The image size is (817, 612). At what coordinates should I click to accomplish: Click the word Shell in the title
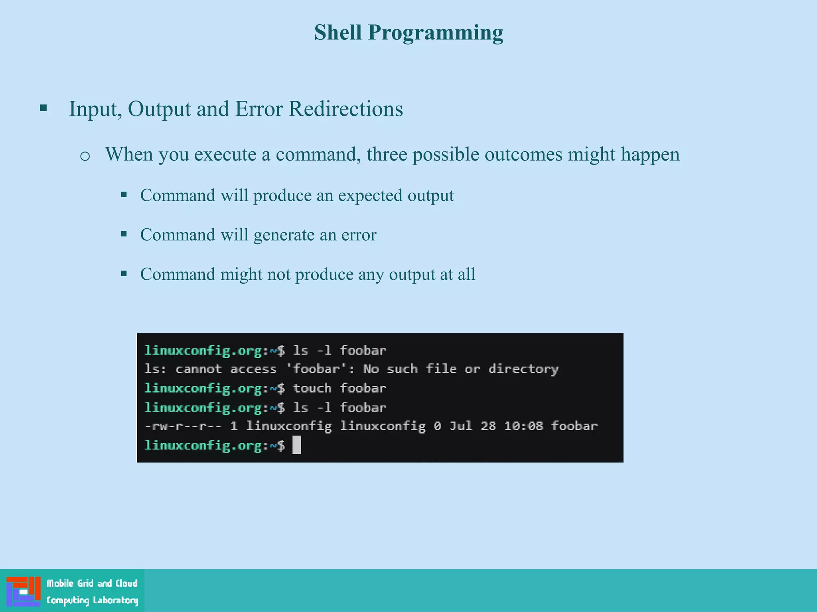tap(337, 32)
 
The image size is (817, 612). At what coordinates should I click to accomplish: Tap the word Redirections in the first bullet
tap(345, 109)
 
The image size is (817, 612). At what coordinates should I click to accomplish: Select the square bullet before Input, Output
tap(43, 108)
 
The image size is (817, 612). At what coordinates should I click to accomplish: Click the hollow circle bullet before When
tap(85, 156)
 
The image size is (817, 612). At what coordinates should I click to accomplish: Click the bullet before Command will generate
tap(124, 234)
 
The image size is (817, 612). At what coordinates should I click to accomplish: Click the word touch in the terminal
tap(312, 388)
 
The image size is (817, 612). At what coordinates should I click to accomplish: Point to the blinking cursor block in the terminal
tap(296, 445)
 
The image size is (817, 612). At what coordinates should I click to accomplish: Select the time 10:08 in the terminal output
tap(523, 426)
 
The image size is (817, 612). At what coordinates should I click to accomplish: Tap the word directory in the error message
tap(523, 369)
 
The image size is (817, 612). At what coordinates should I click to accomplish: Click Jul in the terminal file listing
tap(461, 426)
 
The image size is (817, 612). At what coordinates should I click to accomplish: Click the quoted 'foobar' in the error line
tap(316, 369)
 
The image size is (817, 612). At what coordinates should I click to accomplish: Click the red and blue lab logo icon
tap(24, 591)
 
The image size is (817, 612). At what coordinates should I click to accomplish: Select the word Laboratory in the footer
tap(115, 600)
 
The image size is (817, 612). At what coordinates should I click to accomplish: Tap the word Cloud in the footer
tap(126, 584)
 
